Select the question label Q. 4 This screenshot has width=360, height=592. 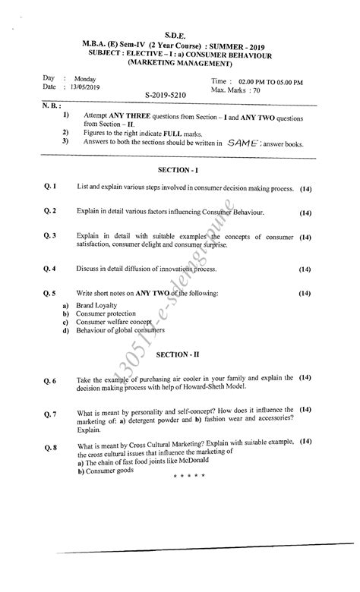(x=51, y=269)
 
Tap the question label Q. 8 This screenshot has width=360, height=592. (x=51, y=447)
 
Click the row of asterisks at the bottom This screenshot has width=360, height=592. (x=190, y=476)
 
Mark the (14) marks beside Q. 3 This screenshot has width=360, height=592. (x=305, y=238)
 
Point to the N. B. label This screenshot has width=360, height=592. (x=52, y=105)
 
